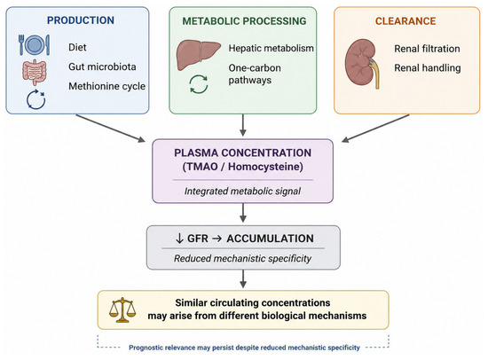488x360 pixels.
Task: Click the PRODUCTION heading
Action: [81, 20]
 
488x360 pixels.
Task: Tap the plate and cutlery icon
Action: [34, 45]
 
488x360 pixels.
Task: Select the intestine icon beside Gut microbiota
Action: [35, 73]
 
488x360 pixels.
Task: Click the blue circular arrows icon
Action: [35, 99]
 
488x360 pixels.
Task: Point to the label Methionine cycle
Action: [106, 86]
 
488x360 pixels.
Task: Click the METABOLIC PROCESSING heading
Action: [244, 21]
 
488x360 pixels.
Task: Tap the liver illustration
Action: [199, 55]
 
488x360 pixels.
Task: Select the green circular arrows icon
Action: [199, 84]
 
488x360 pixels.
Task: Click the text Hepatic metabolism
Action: [272, 48]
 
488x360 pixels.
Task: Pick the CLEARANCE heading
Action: [405, 21]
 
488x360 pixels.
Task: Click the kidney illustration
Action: [362, 64]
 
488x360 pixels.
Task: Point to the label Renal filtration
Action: [427, 49]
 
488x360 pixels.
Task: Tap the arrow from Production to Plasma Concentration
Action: [111, 129]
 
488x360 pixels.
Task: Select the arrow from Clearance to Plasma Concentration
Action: [375, 129]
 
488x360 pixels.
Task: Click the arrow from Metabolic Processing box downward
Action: [243, 125]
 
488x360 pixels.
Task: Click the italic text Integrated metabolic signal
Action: [242, 191]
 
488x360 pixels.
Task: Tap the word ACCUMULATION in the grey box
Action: [270, 239]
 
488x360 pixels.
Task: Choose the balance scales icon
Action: [122, 309]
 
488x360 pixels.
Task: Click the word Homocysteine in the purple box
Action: [265, 167]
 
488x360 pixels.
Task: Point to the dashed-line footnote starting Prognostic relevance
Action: [244, 348]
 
